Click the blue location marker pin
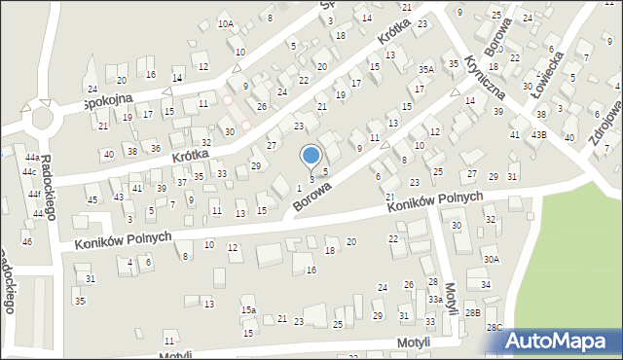coord(311,157)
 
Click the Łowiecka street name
coord(546,73)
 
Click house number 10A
coord(226,23)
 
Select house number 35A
coord(425,70)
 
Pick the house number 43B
coord(538,134)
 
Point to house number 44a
coord(32,158)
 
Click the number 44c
coord(30,172)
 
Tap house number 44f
coord(35,195)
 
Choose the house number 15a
coord(249,310)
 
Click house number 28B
coord(472,312)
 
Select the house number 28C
coord(495,327)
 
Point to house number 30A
coord(492,260)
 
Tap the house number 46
coord(27,240)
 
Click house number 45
coord(92,199)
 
